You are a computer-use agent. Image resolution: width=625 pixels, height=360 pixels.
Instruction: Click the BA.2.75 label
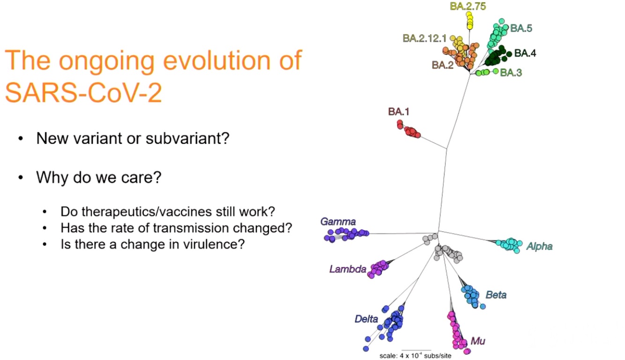pos(468,6)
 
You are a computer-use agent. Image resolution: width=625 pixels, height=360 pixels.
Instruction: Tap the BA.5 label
pos(521,28)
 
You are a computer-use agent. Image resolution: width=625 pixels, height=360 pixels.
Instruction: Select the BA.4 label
pos(525,53)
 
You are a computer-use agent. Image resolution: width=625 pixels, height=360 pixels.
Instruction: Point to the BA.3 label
pos(511,73)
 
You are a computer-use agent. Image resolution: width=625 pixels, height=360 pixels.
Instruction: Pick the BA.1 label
pos(399,112)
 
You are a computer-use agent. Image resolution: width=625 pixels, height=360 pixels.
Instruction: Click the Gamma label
pos(338,222)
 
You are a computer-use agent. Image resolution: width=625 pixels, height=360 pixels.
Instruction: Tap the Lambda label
pos(347,269)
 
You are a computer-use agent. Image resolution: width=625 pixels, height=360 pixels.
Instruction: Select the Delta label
pos(366,319)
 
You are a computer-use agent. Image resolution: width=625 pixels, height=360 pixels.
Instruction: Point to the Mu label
pos(477,341)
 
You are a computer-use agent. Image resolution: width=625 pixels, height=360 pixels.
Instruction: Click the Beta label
pos(496,295)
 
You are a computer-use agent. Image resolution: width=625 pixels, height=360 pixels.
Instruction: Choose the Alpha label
pos(539,246)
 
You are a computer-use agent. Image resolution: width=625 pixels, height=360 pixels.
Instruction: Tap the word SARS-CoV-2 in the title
pos(83,93)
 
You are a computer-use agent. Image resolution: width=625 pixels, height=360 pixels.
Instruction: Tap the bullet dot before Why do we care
pos(21,179)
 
